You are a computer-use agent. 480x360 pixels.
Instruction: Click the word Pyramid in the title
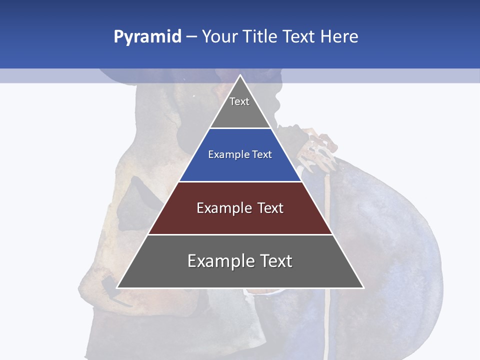coord(147,37)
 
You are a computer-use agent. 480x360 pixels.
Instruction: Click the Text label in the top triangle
coord(239,101)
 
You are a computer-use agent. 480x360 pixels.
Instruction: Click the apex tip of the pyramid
coord(240,75)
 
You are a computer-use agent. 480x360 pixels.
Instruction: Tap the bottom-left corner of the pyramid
coord(117,287)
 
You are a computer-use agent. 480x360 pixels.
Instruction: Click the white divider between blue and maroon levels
coord(240,181)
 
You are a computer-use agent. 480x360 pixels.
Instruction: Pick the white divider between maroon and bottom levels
coord(240,234)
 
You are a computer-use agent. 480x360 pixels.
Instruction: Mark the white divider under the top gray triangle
coord(240,128)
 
